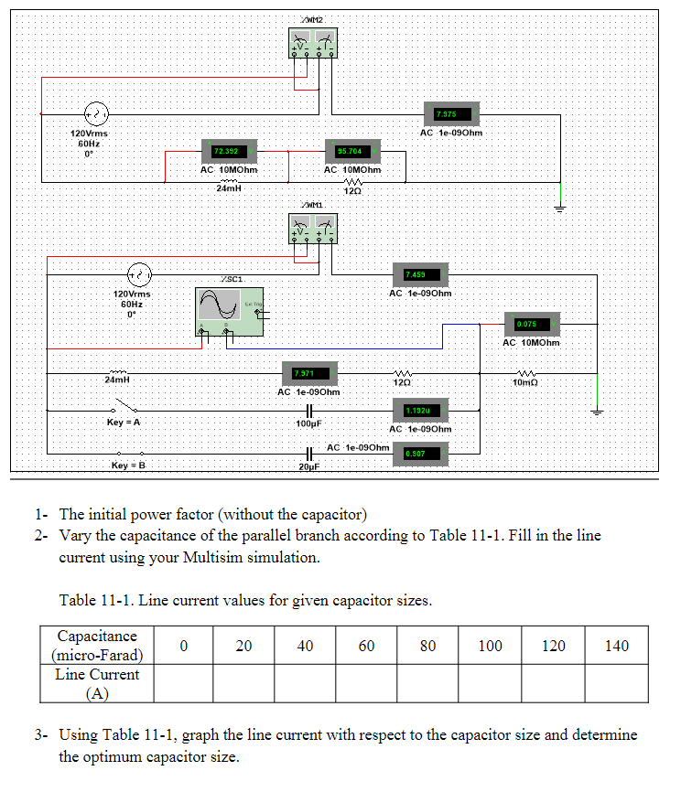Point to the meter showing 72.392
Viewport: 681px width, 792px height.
pyautogui.click(x=229, y=151)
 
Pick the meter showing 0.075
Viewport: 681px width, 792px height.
pyautogui.click(x=532, y=324)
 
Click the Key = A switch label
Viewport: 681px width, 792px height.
pyautogui.click(x=124, y=423)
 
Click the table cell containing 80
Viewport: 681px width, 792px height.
pyautogui.click(x=427, y=646)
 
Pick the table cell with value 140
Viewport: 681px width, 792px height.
pyautogui.click(x=617, y=646)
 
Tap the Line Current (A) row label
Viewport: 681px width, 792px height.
pyautogui.click(x=97, y=683)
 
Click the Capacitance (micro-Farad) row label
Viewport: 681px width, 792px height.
pyautogui.click(x=97, y=645)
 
